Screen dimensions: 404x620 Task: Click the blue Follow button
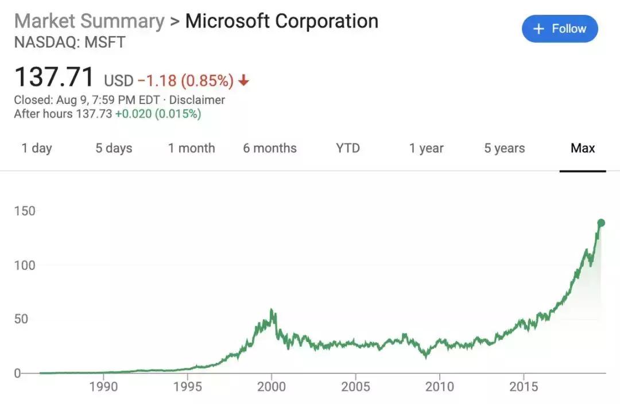560,29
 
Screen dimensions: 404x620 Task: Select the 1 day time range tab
37,148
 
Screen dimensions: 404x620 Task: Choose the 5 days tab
114,148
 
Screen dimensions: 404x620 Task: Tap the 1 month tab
191,148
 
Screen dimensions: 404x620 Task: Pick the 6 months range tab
270,148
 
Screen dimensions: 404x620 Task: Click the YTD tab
348,148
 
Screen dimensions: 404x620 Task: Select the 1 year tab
426,148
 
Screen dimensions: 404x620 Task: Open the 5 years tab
504,148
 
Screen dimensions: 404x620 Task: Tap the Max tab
583,148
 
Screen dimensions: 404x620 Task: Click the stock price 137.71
54,77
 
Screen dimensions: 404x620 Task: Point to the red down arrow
244,81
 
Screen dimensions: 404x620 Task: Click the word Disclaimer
197,100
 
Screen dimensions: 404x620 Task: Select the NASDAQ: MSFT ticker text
69,42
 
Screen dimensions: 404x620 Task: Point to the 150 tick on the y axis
25,211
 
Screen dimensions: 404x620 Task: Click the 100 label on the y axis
25,265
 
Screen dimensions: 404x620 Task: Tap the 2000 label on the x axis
272,386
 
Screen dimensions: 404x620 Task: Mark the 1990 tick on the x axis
103,386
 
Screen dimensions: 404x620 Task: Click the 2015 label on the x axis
524,386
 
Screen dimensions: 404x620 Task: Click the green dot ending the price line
601,223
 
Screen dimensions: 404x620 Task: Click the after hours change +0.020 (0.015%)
158,114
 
